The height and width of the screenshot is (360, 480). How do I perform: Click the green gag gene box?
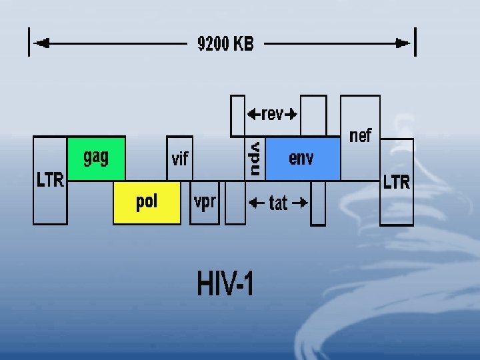pos(96,159)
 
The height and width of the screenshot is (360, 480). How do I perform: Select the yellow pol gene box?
pos(147,202)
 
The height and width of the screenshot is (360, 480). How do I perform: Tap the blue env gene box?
pos(302,159)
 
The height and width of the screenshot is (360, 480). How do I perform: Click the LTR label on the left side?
pos(50,180)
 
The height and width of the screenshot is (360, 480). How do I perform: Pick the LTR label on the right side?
pos(397,182)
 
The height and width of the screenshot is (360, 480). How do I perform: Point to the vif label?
pos(180,159)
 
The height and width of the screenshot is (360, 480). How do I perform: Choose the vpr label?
pos(205,201)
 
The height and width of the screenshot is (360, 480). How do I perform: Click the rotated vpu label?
pos(255,158)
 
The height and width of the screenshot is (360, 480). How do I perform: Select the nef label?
pos(360,136)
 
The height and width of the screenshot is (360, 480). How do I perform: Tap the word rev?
pos(272,114)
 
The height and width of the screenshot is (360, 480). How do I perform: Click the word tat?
pos(279,203)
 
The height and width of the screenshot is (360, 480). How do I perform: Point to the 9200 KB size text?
pos(225,44)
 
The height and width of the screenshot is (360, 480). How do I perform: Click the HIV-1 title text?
pos(225,284)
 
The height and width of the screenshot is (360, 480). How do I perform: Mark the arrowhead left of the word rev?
pos(253,114)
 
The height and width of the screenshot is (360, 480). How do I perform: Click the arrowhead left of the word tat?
pos(253,203)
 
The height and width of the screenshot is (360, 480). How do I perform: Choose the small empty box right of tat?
pos(318,203)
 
